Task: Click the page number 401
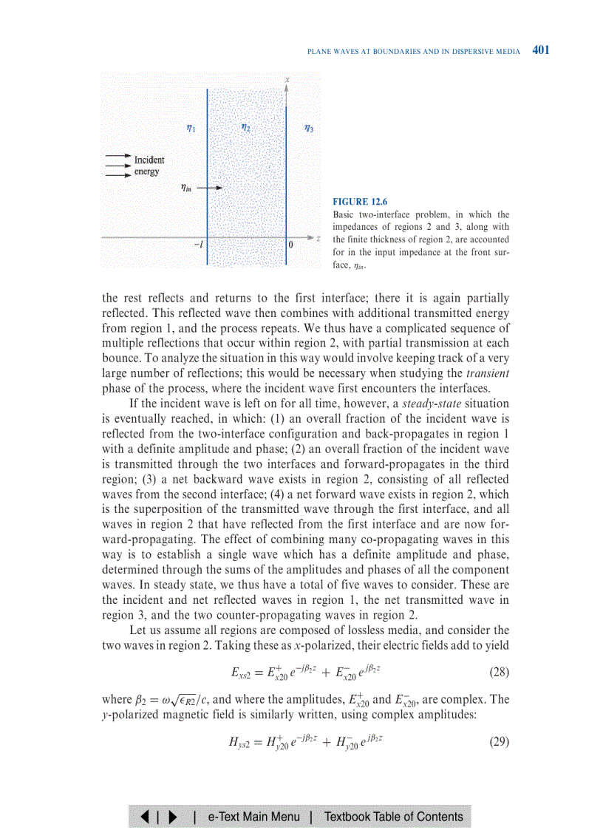point(541,50)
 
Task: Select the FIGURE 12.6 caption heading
point(361,201)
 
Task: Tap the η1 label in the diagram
point(191,128)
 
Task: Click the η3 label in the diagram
point(309,128)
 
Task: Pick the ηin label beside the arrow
point(188,188)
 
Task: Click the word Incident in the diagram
point(149,159)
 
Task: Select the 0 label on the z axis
point(291,244)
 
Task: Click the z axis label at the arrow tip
point(318,238)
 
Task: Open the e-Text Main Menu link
point(253,817)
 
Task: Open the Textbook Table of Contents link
point(393,817)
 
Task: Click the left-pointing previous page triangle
point(143,817)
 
